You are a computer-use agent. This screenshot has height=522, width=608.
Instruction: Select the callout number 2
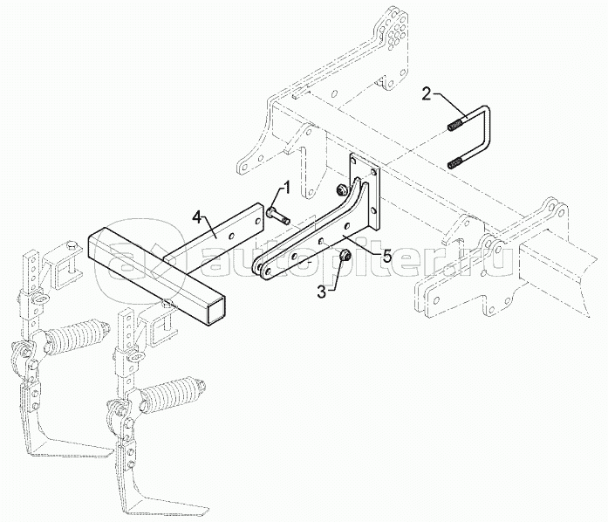(x=427, y=93)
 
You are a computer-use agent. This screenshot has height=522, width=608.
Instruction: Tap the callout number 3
(x=322, y=292)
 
